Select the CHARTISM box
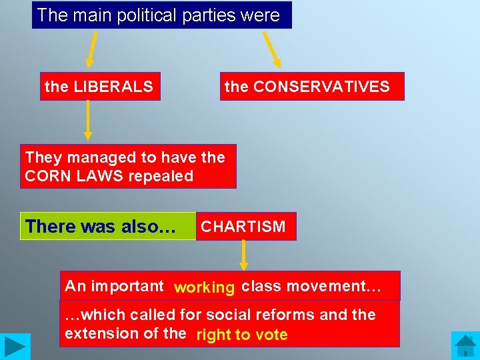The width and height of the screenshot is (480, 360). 244,227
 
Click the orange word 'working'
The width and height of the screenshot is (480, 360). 204,287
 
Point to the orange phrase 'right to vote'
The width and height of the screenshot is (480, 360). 242,335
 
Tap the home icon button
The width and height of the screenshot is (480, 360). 465,345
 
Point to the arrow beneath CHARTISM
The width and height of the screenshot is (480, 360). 244,255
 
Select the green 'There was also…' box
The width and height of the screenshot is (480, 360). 107,227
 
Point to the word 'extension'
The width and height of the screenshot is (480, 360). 97,333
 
